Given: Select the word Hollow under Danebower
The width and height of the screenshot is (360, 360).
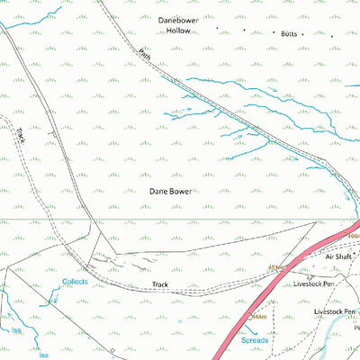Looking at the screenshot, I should pos(183,30).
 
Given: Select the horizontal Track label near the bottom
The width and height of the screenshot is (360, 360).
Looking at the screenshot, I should pos(160,284).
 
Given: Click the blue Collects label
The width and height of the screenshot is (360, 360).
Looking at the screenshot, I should pos(75,282).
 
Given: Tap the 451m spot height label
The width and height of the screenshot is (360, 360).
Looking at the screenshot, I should pos(275,268).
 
